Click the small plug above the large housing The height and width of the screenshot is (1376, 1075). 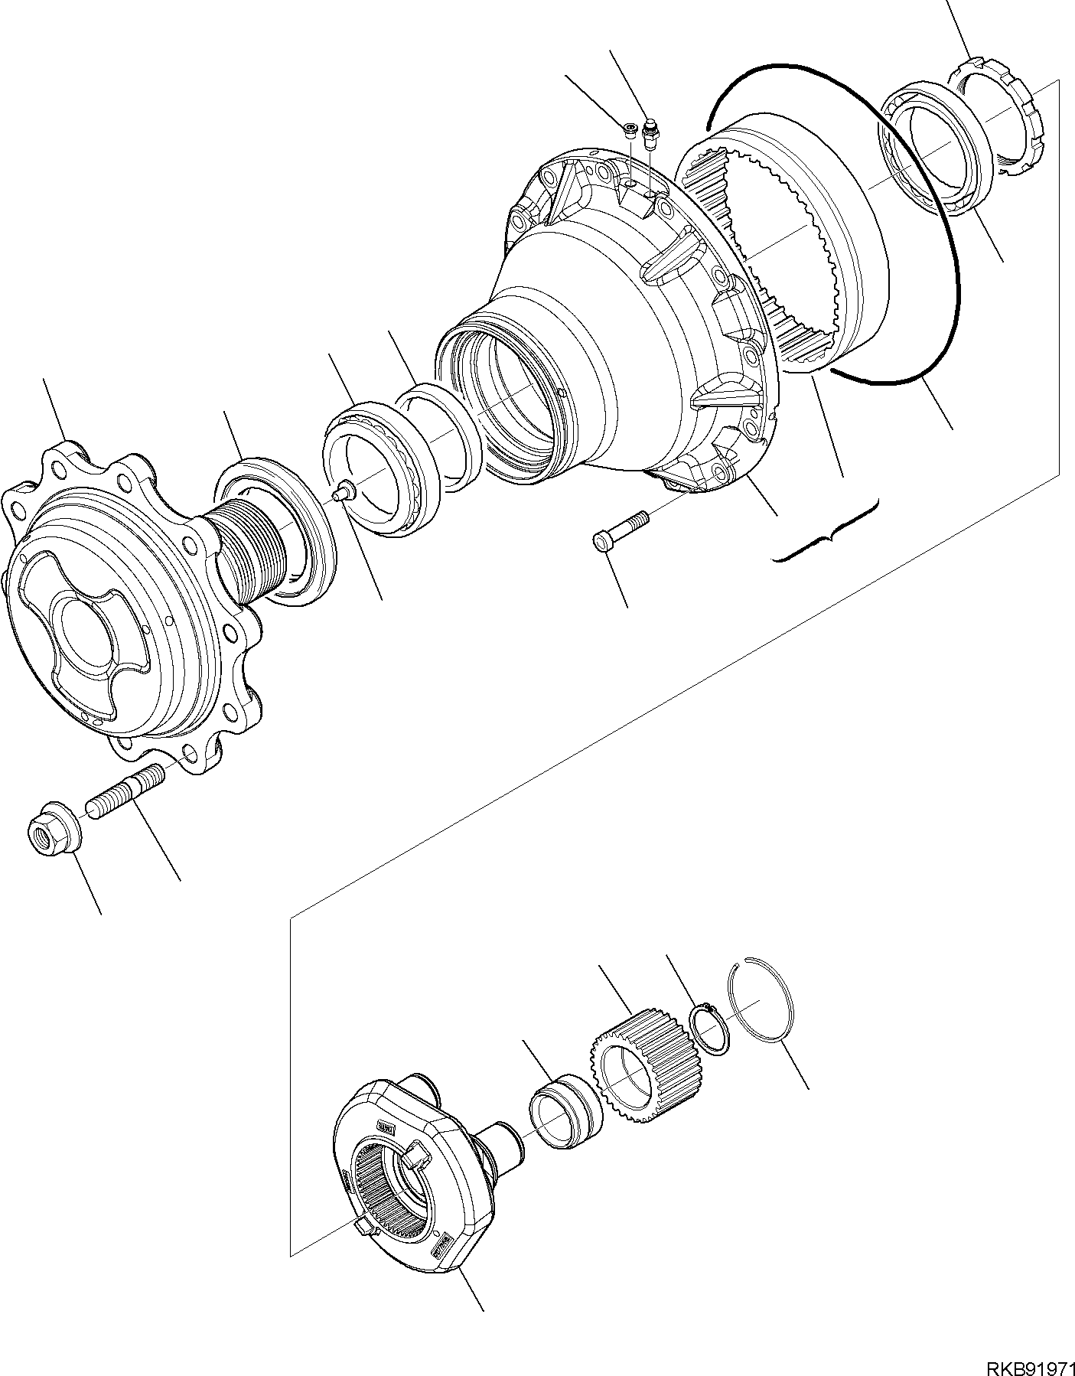(630, 130)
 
